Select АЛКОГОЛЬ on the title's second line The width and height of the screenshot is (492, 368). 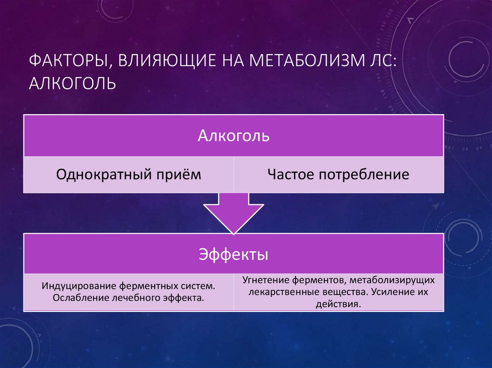pos(73,84)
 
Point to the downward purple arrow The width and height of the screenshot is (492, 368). pos(234,211)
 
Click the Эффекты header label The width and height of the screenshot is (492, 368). pos(234,254)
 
